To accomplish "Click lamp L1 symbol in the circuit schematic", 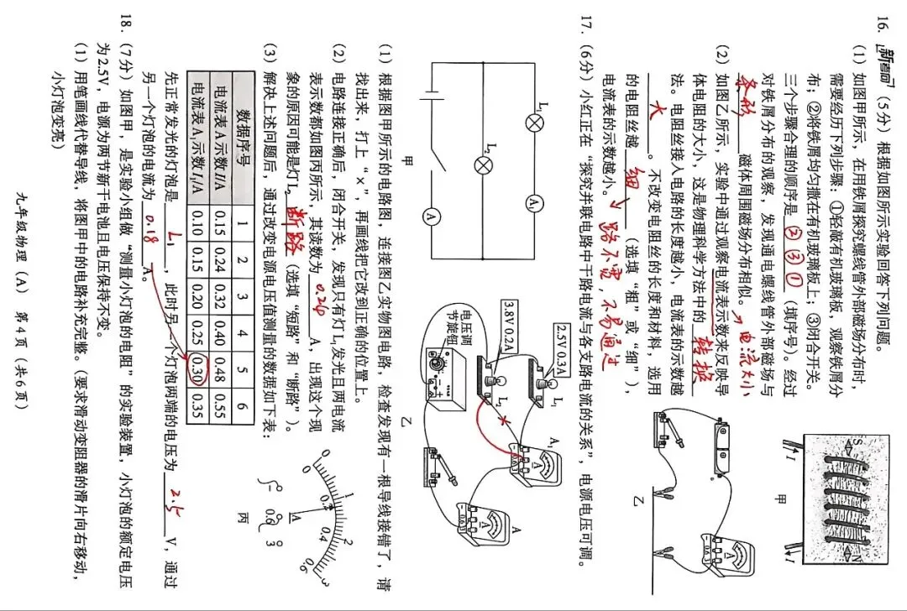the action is tap(533, 123).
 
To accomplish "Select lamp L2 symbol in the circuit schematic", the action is tap(483, 165).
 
